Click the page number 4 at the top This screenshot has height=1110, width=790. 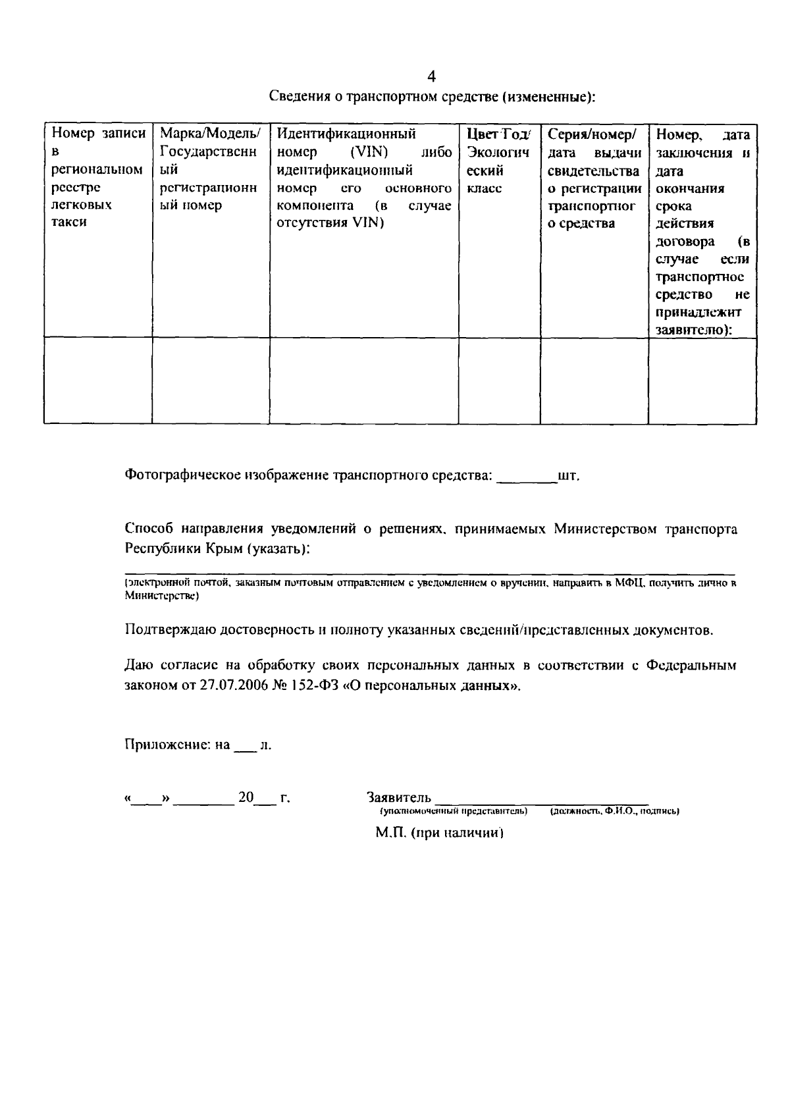click(431, 76)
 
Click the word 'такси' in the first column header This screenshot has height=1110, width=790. click(69, 223)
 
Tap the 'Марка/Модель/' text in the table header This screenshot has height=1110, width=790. click(210, 134)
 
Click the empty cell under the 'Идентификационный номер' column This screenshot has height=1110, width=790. click(364, 380)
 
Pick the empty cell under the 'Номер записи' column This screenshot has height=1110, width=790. click(98, 380)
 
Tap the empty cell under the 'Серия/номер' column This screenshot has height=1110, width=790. click(594, 380)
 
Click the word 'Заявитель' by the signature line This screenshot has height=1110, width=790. click(399, 798)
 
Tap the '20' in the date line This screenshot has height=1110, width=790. click(246, 798)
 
